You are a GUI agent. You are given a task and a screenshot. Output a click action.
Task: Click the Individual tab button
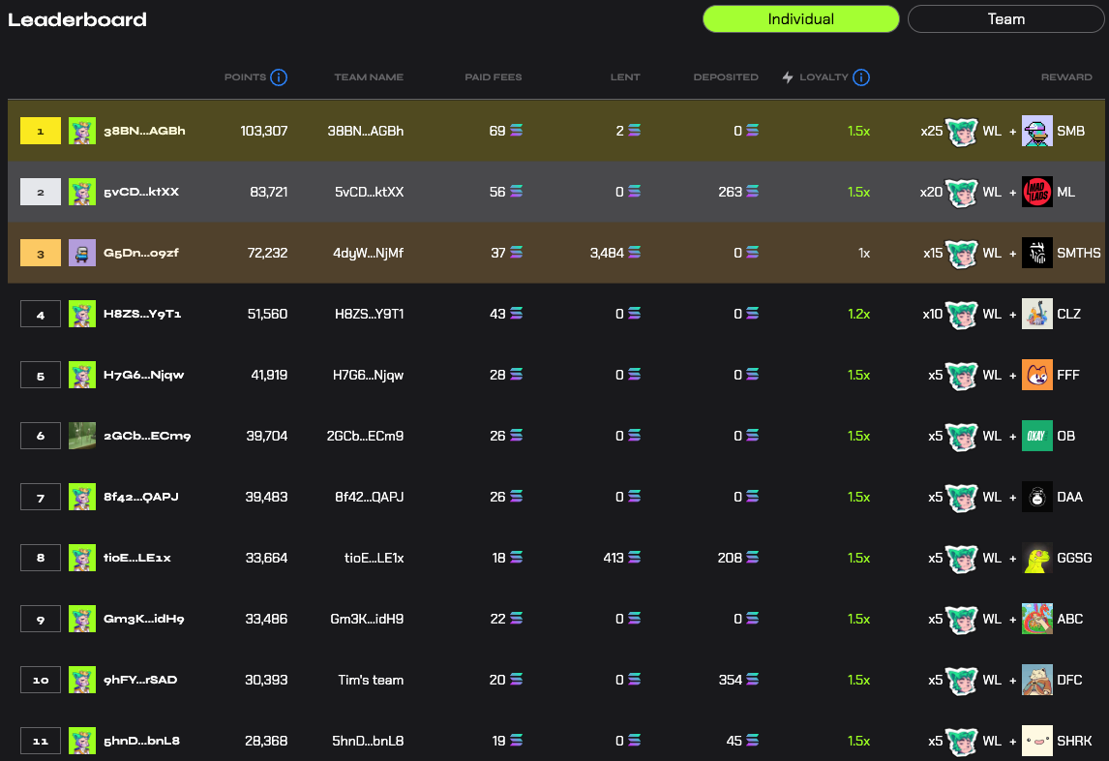800,19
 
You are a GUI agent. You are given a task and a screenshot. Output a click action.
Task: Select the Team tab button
1005,19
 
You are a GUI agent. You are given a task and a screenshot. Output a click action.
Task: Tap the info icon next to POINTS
279,77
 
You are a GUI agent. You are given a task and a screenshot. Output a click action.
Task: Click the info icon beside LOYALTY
860,77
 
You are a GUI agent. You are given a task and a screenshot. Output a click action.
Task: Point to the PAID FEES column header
493,77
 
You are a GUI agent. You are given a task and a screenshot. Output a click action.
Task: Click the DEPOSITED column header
726,77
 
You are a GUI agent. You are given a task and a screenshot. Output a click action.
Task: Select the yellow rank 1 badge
41,131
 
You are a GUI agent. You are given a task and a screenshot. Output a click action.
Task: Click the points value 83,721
269,192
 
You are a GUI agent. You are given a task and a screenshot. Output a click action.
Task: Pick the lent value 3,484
607,253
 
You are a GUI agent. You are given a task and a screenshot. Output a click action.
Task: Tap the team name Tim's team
371,680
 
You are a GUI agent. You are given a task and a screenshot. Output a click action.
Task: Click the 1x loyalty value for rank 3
863,253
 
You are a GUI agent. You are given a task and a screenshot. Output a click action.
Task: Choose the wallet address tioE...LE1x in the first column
137,558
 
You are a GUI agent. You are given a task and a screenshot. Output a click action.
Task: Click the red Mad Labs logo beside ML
1036,192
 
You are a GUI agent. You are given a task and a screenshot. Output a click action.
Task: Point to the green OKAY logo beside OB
1036,436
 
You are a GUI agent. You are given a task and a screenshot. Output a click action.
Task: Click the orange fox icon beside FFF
1036,376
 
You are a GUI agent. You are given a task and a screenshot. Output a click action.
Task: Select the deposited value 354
730,680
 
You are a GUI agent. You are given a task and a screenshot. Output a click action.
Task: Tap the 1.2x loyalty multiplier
858,314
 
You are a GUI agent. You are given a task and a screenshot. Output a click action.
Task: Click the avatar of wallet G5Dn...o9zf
82,253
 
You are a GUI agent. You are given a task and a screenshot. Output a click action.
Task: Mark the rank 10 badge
41,680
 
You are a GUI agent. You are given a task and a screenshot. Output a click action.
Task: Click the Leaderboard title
77,19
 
